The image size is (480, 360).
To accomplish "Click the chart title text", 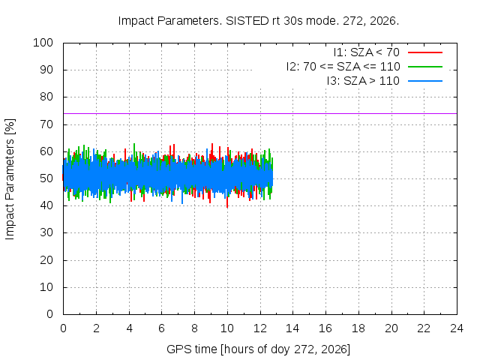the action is (259, 21).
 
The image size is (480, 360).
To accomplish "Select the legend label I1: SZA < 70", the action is (367, 52).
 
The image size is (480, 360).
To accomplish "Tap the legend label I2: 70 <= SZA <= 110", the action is (343, 67).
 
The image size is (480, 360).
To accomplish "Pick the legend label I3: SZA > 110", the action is (363, 81).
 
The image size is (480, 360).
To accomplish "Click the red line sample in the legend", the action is (425, 52).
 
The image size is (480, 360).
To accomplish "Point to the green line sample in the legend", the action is (425, 67).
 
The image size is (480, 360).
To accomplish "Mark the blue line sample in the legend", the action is (425, 81).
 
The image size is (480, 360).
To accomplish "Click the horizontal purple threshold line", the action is (260, 113).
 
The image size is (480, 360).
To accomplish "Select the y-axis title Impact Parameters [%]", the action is (10, 179).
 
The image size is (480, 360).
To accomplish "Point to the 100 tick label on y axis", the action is (43, 43).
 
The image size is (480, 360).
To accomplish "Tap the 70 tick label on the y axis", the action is (46, 124).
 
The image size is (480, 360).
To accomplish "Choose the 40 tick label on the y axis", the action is (46, 205).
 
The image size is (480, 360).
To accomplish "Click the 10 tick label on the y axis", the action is (46, 287).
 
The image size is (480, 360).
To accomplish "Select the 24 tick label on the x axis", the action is (457, 328).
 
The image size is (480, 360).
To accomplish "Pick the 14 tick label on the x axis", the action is (292, 328).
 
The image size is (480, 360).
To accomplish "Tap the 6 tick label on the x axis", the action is (162, 328).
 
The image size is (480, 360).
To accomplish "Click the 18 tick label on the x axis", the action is (358, 328).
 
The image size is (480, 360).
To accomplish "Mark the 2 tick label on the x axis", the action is (97, 328).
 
